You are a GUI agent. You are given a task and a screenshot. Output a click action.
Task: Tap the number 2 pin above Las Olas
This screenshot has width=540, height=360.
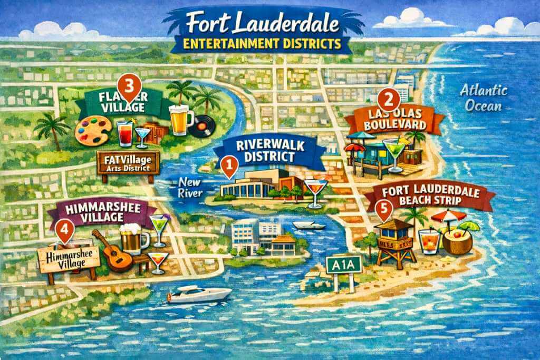(388, 99)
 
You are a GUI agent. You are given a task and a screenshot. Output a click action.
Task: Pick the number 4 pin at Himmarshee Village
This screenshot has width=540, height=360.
(64, 230)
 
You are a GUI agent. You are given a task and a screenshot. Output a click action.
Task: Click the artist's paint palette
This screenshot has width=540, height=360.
(93, 129)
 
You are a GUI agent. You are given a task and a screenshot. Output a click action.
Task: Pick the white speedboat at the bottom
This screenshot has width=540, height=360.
(188, 294)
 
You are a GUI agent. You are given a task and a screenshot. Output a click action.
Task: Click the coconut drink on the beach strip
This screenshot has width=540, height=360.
(455, 241)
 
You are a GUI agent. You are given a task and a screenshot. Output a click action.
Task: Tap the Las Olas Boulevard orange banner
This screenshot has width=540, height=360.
(390, 121)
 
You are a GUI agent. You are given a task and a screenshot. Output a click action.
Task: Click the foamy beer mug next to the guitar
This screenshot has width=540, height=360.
(133, 239)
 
